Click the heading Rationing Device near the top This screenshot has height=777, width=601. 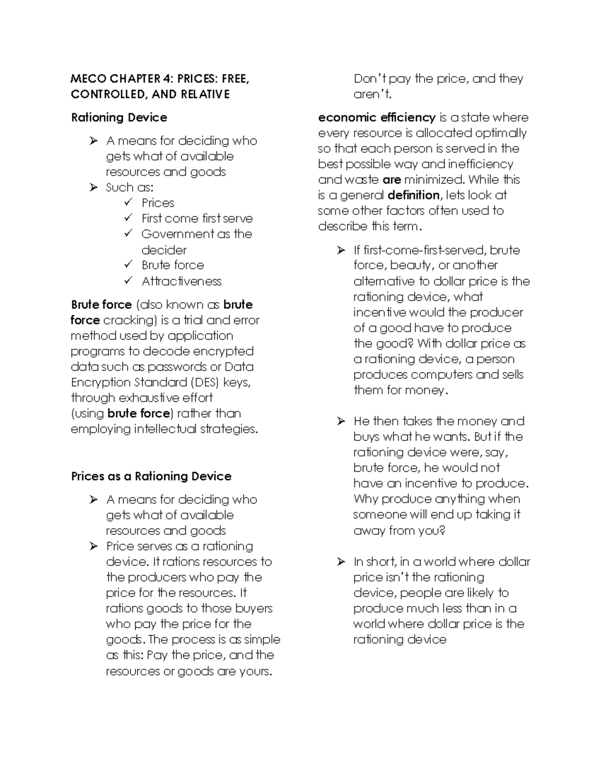119,118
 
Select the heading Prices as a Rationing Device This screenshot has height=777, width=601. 151,476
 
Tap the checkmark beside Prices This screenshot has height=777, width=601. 128,202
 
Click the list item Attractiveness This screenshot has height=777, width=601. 181,281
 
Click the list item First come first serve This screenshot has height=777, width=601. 197,219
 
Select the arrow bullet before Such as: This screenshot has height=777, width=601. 93,187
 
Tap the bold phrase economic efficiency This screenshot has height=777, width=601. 377,118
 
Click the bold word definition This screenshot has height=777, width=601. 413,195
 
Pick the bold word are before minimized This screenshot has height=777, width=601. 391,180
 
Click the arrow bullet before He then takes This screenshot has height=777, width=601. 341,421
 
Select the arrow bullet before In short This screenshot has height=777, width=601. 341,562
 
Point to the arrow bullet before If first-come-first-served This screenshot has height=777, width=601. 341,250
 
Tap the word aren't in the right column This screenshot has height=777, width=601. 372,94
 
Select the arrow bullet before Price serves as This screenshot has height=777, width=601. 93,546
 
